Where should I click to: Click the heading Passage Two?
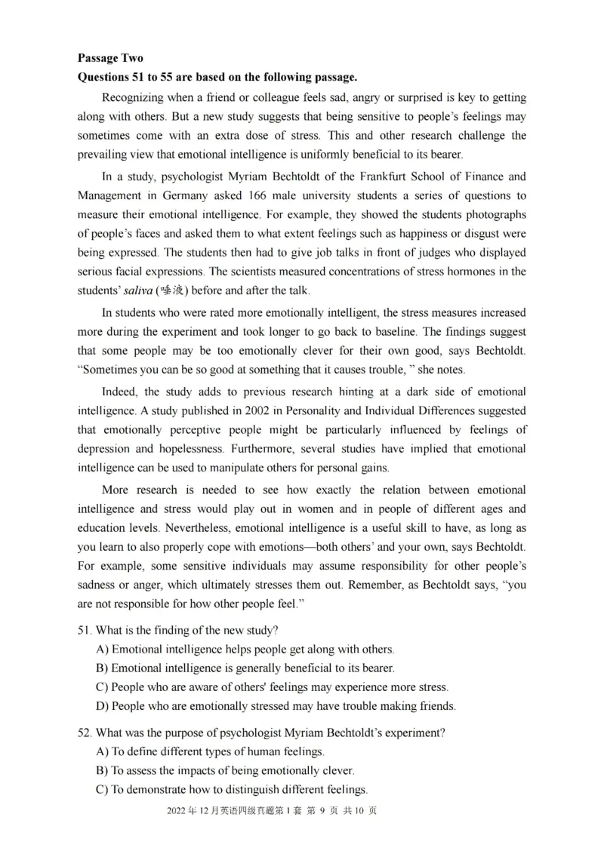click(109, 58)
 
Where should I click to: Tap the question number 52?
click(85, 732)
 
